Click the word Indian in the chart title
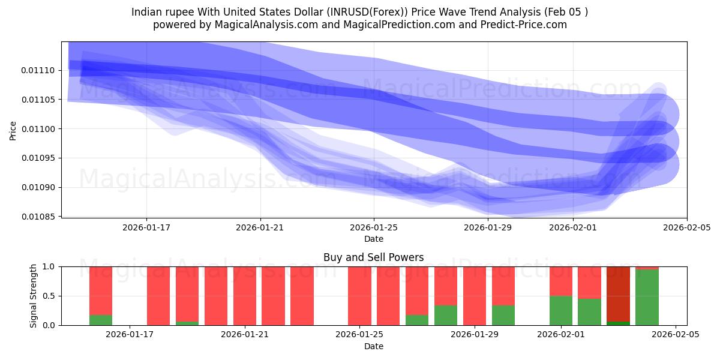(x=145, y=11)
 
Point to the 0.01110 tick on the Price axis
(x=38, y=71)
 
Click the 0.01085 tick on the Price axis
(x=38, y=217)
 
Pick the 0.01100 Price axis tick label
(x=38, y=129)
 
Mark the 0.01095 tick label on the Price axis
(x=38, y=158)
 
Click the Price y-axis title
(x=13, y=130)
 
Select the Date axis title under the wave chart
(x=373, y=239)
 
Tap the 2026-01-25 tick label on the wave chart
(x=374, y=227)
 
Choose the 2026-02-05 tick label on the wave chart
(x=686, y=227)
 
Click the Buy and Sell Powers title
(x=373, y=257)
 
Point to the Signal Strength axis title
(x=34, y=296)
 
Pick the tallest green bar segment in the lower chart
(x=647, y=297)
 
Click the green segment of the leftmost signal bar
(x=101, y=320)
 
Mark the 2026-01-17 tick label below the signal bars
(x=130, y=335)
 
